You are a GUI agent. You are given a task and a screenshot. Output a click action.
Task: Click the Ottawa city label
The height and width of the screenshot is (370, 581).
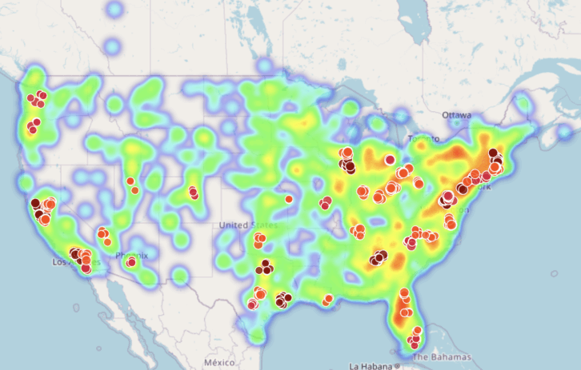pos(457,115)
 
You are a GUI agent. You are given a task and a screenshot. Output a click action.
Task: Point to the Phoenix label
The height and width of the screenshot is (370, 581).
pos(132,256)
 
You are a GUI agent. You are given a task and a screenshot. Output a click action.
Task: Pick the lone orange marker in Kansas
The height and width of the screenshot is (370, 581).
pos(289,199)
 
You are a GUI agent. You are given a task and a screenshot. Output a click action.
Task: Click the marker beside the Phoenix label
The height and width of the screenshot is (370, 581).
pos(130,262)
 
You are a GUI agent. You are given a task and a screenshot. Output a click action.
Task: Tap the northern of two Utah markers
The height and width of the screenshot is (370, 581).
pos(130,181)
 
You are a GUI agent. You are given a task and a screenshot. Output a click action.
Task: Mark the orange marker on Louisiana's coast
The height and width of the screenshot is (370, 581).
pos(327,300)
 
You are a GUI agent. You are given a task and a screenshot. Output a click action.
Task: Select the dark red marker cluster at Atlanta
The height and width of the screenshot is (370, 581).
pos(379,257)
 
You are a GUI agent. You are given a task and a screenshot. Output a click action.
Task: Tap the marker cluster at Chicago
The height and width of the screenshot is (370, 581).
pos(347,164)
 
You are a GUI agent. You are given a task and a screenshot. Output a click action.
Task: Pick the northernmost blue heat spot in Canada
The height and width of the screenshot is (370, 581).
pos(115,10)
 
